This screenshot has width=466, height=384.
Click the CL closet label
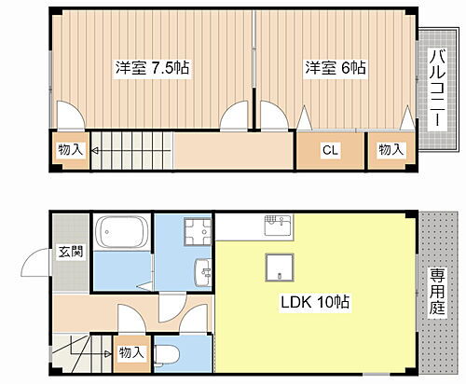pyautogui.click(x=330, y=149)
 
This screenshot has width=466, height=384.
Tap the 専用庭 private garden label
pyautogui.click(x=438, y=291)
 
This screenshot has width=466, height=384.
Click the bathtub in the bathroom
pyautogui.click(x=121, y=233)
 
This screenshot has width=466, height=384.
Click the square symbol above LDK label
pyautogui.click(x=280, y=268)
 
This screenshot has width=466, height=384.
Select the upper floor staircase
pyautogui.click(x=130, y=151)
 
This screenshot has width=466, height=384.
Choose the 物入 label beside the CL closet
pyautogui.click(x=391, y=149)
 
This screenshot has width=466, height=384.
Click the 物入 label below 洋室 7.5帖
pyautogui.click(x=70, y=148)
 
